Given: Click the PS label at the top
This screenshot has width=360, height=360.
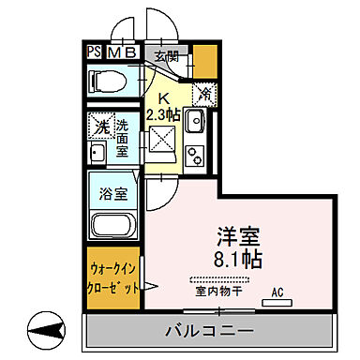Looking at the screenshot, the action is click(x=94, y=53).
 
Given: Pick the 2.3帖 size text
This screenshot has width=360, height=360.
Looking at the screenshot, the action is click(x=163, y=114).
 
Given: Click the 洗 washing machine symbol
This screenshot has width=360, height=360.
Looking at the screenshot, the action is click(x=98, y=126).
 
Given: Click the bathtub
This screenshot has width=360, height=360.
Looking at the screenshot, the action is click(x=113, y=225).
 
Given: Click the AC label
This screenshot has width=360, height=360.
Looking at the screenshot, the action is click(x=277, y=291).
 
